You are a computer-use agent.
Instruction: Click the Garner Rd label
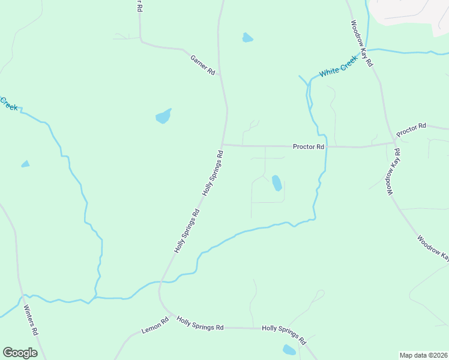coord(203,65)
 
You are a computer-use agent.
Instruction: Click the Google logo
coord(20,353)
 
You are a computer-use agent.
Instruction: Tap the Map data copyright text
coord(423,355)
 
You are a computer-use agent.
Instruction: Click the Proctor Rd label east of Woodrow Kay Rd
coord(411,128)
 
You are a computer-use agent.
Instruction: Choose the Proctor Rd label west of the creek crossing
coord(309,146)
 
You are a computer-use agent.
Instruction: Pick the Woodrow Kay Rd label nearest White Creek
coord(362,43)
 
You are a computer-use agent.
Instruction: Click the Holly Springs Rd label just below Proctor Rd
coord(214,173)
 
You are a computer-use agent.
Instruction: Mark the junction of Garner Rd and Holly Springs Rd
coord(220,74)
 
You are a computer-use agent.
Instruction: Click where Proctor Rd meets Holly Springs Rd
coord(222,145)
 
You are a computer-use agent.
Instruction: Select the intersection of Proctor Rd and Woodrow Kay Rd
coord(394,142)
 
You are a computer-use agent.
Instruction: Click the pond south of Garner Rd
coord(163,116)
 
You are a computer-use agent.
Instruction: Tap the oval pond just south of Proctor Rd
coord(277,182)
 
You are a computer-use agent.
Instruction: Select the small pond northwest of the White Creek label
coord(247,38)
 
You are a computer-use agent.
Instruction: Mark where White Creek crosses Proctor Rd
coord(326,146)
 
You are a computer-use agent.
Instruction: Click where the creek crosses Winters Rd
coord(22,296)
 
